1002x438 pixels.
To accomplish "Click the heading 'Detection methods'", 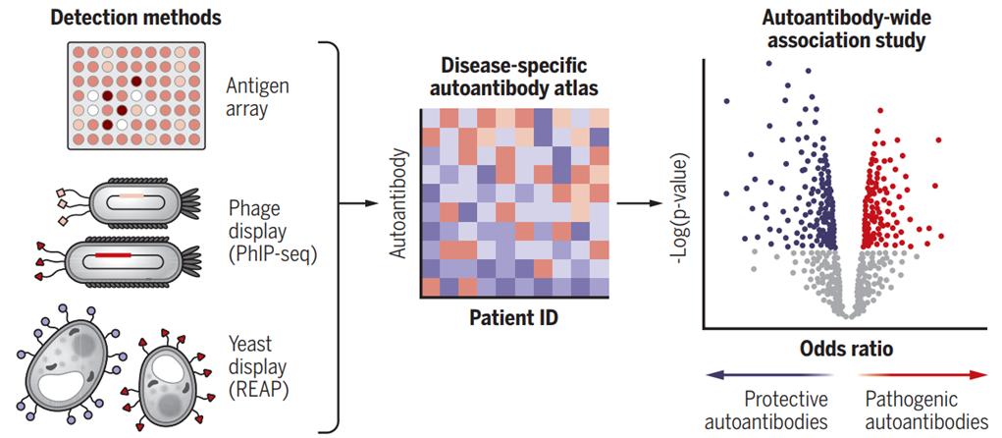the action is tap(135, 18).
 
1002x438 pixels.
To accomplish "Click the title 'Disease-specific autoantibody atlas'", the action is tap(514, 78).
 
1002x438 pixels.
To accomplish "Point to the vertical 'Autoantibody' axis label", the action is tap(398, 203).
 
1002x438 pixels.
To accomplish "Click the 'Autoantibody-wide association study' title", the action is tap(847, 30).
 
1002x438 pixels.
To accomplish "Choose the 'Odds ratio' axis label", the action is tap(846, 350).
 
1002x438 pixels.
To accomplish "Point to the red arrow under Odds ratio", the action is tap(924, 375).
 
